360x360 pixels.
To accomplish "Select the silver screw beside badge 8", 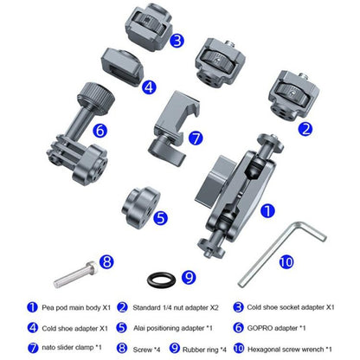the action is point(75,274).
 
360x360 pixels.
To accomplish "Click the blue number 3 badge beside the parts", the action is point(177,40).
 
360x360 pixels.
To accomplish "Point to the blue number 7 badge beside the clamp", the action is point(196,138).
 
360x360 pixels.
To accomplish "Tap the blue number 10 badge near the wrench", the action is point(286,262).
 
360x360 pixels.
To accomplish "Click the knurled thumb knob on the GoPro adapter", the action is point(97,95).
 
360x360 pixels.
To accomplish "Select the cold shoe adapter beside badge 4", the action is point(122,67).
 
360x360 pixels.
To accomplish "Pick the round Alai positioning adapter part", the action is point(141,207).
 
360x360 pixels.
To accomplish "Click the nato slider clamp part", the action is point(173,127).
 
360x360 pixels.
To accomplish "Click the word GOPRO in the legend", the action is point(260,328).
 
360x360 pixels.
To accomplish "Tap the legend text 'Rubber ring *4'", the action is point(204,350).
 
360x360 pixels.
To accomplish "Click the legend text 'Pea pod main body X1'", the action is point(76,308).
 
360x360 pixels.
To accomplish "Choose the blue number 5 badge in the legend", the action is point(122,328).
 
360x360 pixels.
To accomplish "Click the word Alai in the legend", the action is point(139,328).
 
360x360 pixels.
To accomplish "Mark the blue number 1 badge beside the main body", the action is point(267,211).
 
